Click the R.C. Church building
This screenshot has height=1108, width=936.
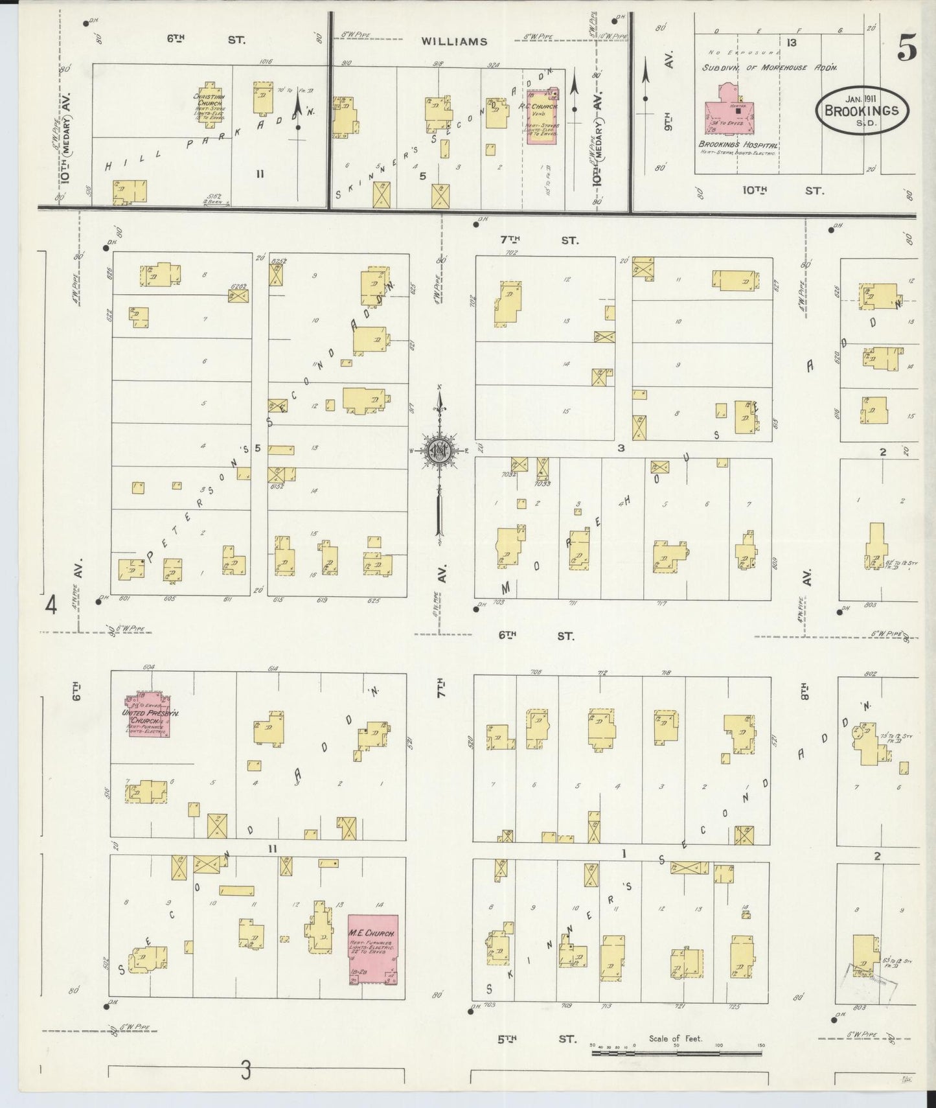(x=542, y=115)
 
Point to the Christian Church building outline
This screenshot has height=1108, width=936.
(x=209, y=103)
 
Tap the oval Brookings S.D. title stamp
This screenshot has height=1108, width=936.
(x=862, y=111)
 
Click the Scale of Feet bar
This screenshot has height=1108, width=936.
(x=677, y=1053)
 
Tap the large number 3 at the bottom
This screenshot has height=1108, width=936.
(x=245, y=1071)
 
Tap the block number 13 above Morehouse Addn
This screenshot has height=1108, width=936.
(x=791, y=43)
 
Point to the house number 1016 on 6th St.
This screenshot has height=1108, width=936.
(x=264, y=62)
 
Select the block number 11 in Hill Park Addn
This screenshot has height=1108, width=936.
(x=260, y=173)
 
